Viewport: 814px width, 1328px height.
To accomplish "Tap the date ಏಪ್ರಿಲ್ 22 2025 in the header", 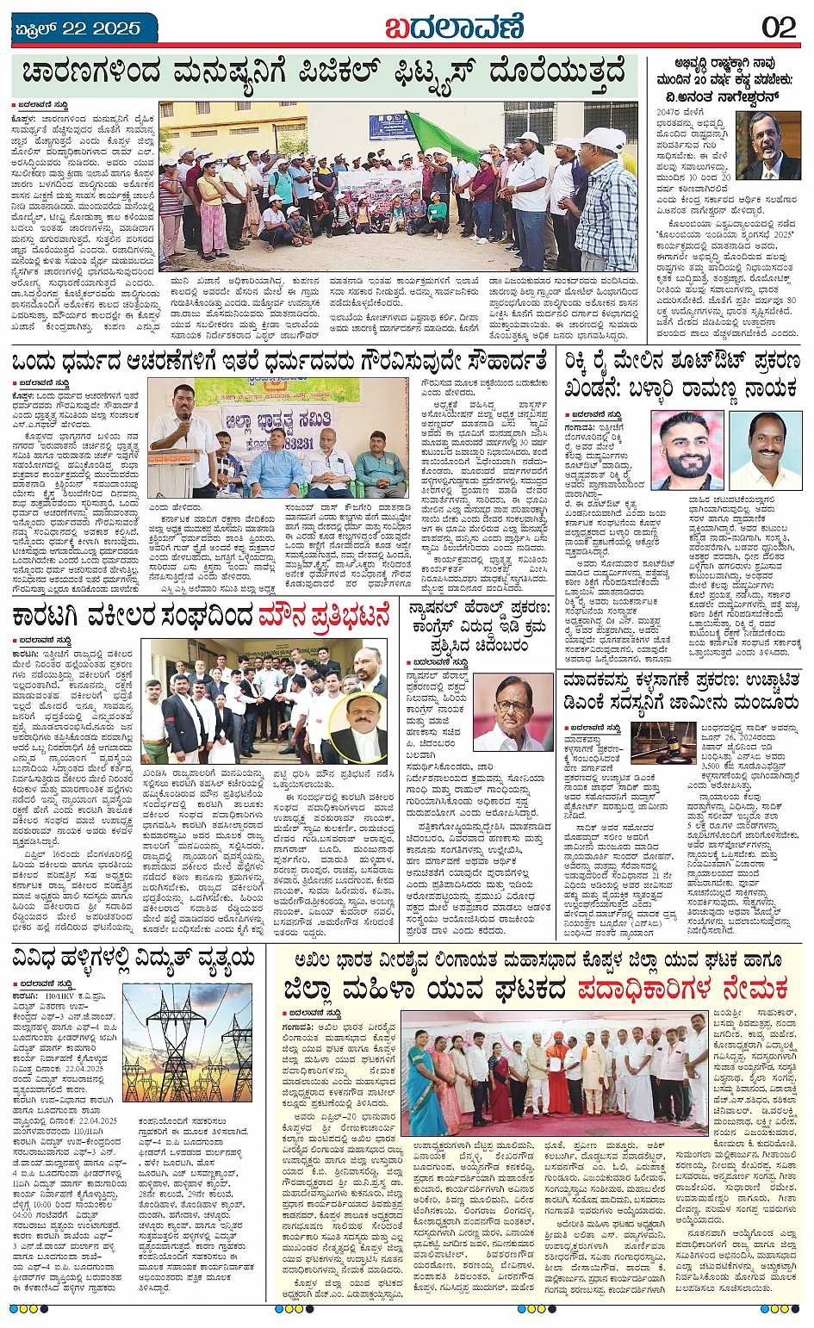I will (x=78, y=28).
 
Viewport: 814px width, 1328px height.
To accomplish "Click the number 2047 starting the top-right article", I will (x=668, y=112).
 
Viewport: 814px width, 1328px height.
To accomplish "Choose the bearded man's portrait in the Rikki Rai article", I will (x=687, y=450).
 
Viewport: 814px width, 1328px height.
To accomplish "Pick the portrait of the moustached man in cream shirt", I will (x=765, y=450).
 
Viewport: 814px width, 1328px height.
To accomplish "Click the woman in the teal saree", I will (x=423, y=1081).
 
